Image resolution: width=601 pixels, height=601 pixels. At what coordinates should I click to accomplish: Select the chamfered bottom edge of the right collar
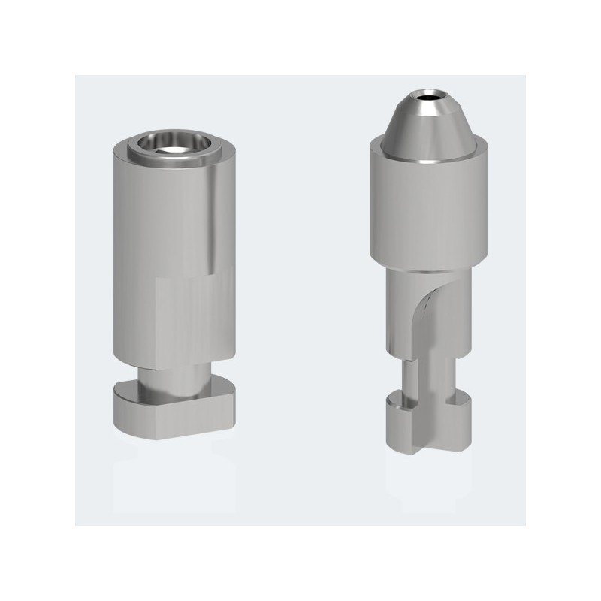(428, 266)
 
